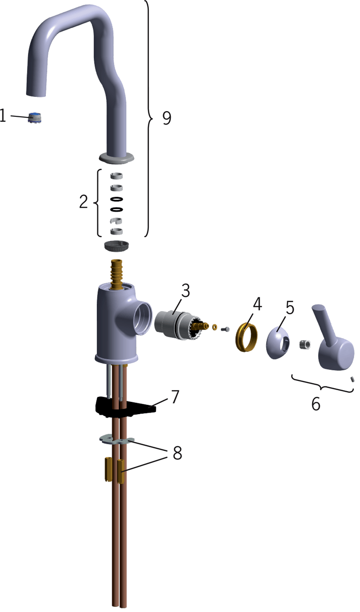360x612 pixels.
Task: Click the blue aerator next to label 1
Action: pos(37,117)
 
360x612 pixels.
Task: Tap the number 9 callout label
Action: pos(167,118)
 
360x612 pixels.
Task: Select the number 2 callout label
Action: pos(84,201)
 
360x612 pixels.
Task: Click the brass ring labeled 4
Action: pos(246,337)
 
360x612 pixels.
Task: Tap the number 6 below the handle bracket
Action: pos(316,403)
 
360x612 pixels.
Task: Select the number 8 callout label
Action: pos(177,453)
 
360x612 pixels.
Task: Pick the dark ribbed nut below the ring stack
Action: pos(117,246)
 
